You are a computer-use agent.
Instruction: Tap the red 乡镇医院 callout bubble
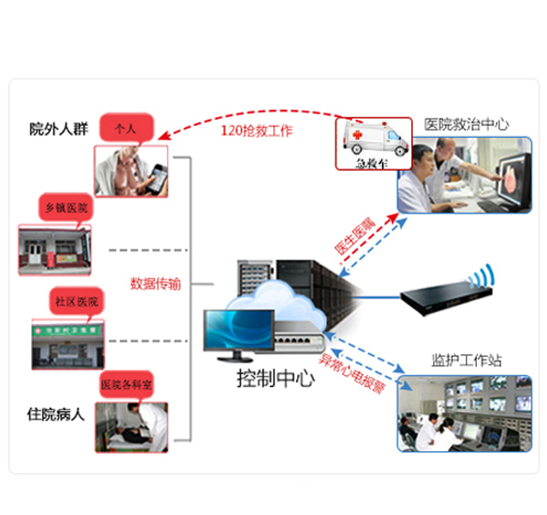click(x=67, y=208)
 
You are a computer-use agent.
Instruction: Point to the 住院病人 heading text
click(x=57, y=414)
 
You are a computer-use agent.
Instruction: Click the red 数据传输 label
click(x=156, y=283)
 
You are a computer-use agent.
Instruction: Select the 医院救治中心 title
click(x=466, y=123)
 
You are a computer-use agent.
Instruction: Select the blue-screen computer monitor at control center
click(x=239, y=332)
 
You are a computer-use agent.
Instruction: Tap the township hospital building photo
click(x=56, y=248)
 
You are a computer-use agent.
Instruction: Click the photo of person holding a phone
click(x=131, y=173)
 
